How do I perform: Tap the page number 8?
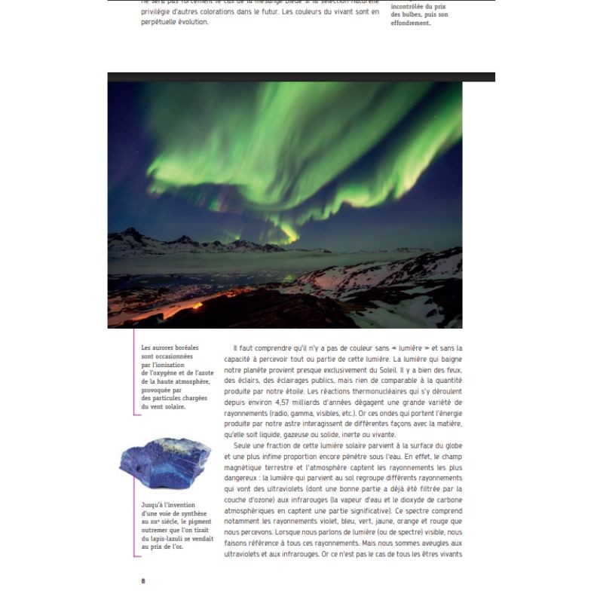click(143, 580)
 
